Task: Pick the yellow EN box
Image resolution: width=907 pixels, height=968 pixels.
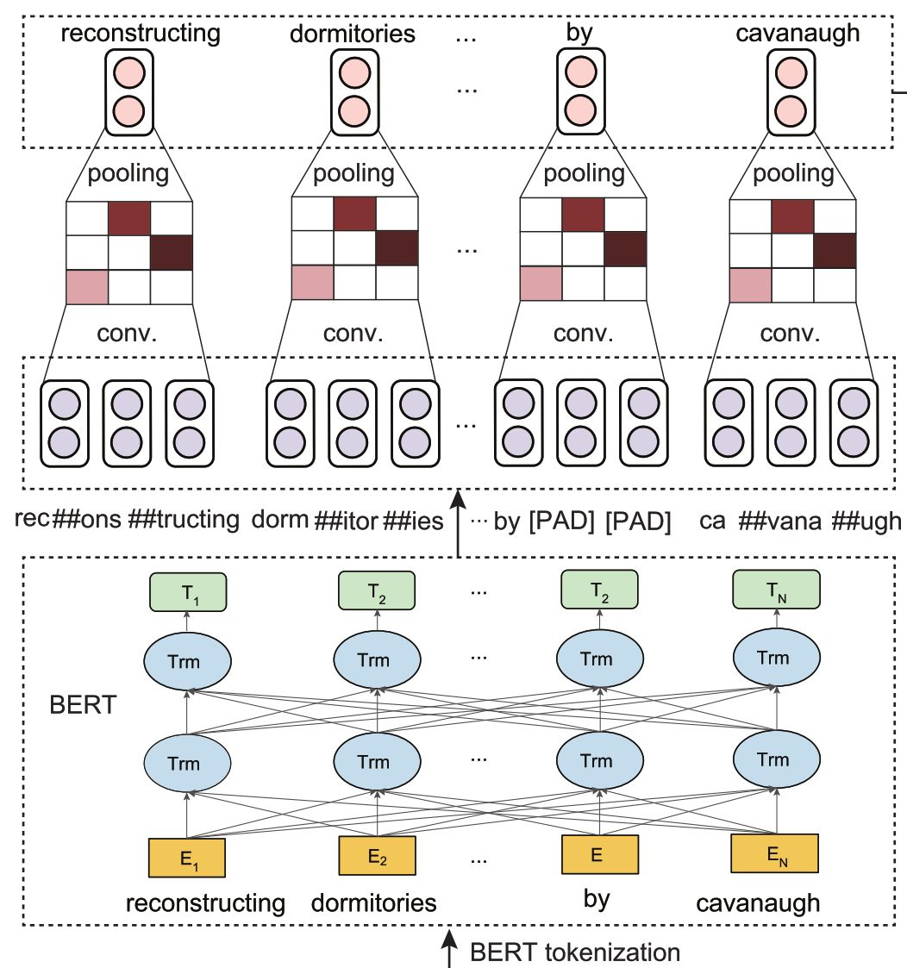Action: pyautogui.click(x=773, y=853)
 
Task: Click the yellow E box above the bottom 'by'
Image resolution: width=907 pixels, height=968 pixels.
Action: pyautogui.click(x=597, y=854)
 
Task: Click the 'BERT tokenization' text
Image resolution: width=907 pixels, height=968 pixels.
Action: pyautogui.click(x=575, y=952)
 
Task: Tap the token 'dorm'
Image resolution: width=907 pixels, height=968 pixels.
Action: pyautogui.click(x=279, y=521)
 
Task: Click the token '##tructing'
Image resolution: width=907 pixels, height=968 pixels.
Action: pyautogui.click(x=183, y=521)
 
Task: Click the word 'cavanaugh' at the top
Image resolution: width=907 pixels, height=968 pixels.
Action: pyautogui.click(x=798, y=34)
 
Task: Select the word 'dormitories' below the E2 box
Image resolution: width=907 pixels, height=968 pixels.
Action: pyautogui.click(x=373, y=902)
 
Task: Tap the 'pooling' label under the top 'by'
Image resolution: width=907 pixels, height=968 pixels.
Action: pyautogui.click(x=584, y=173)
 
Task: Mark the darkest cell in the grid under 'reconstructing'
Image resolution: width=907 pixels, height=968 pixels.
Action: pyautogui.click(x=171, y=251)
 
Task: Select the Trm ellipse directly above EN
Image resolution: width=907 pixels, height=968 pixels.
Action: pyautogui.click(x=773, y=759)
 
